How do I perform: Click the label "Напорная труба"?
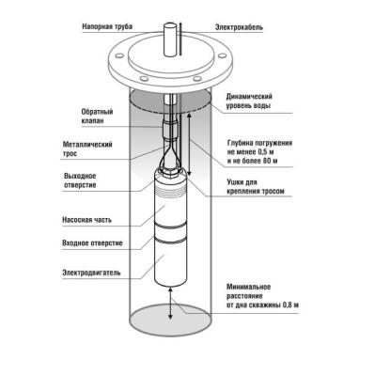(x=107, y=26)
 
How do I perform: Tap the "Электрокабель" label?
(x=239, y=27)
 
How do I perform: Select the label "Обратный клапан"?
(x=97, y=117)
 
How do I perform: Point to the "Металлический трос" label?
(x=87, y=149)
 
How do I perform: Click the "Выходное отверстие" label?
(x=80, y=180)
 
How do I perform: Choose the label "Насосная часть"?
(x=86, y=220)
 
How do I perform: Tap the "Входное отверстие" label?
(x=92, y=243)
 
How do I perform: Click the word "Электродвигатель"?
(x=91, y=273)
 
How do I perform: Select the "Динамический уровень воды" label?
(x=249, y=101)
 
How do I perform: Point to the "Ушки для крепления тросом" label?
(x=256, y=187)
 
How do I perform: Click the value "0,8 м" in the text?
(x=290, y=305)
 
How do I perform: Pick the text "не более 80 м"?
(x=253, y=162)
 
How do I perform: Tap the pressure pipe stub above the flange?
(x=171, y=40)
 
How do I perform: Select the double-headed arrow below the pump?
(x=170, y=303)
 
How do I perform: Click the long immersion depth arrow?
(x=189, y=144)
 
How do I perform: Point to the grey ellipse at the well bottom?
(x=170, y=320)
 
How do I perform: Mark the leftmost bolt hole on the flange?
(x=119, y=55)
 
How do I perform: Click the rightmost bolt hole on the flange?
(x=222, y=55)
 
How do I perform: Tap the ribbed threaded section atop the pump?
(x=170, y=189)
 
